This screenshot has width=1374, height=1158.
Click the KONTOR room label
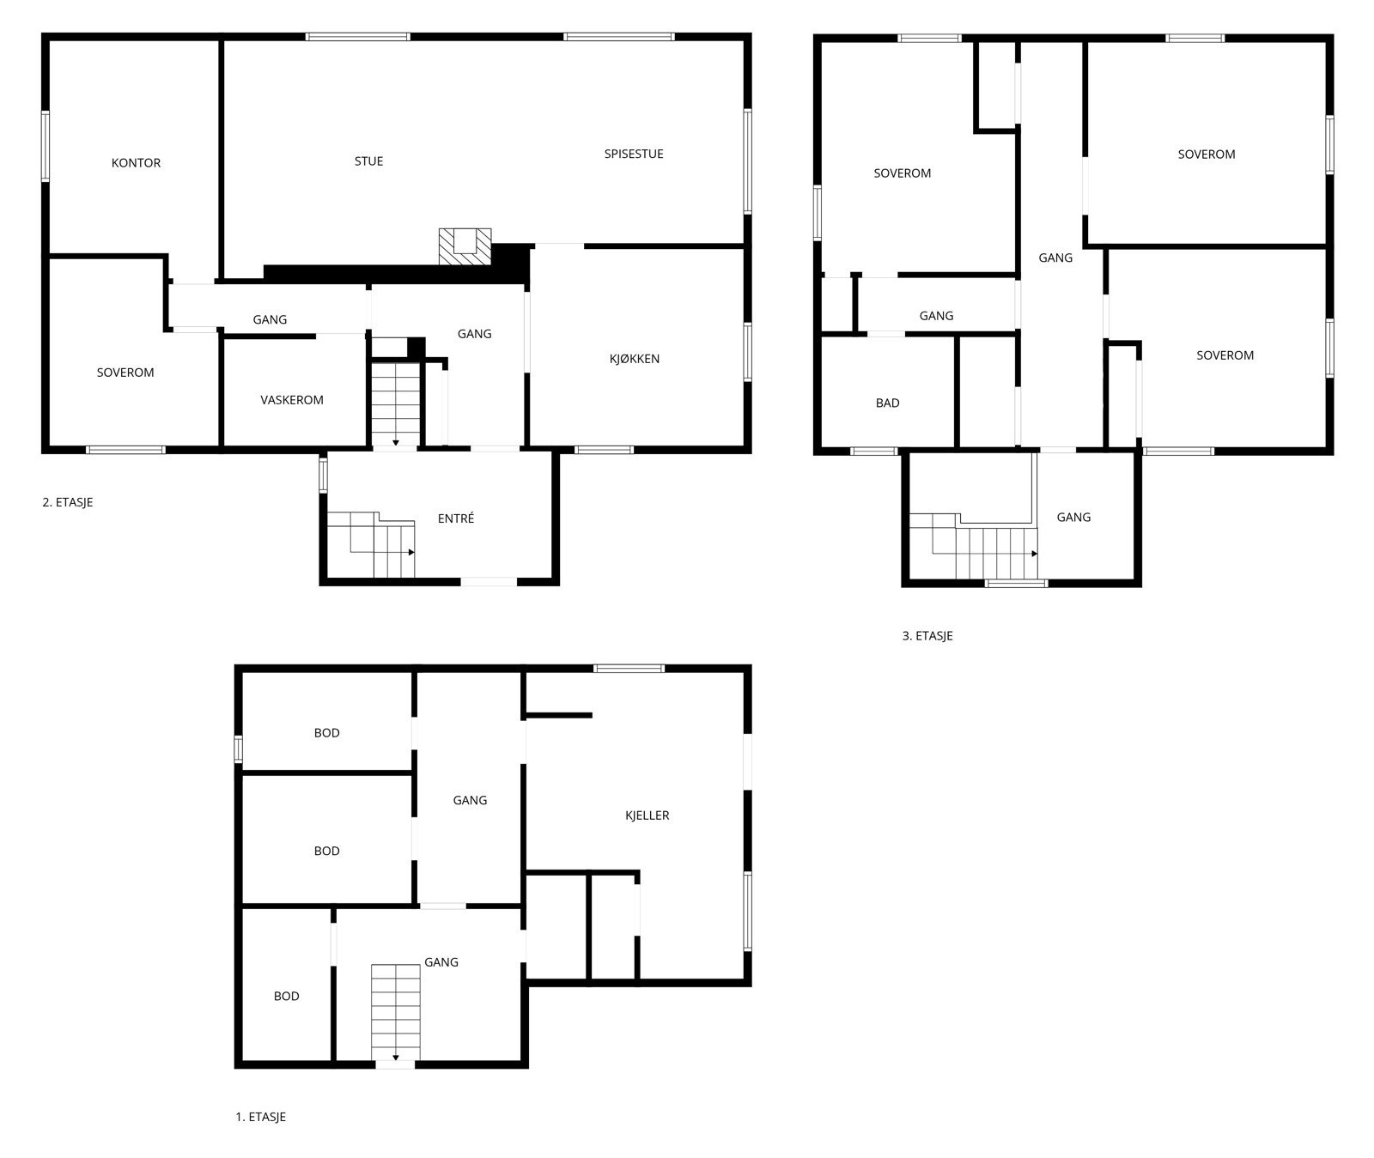point(136,163)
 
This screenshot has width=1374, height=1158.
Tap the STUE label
point(369,161)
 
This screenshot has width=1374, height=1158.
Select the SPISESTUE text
point(634,155)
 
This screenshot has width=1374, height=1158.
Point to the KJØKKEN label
point(635,359)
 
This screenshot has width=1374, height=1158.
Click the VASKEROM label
point(292,400)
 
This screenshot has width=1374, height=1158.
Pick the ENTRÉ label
point(456,518)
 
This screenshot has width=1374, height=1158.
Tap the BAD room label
point(887,403)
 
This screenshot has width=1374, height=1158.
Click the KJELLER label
point(647,815)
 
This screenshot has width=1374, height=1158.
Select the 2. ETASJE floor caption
point(68,502)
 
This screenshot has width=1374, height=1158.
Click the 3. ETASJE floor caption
point(927,636)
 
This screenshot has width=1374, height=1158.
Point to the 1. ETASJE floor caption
point(261,1117)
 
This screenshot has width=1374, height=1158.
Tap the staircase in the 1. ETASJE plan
point(396,1013)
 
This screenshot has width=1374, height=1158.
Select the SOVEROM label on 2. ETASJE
point(125,373)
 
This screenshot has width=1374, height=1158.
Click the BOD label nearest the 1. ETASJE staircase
point(287,997)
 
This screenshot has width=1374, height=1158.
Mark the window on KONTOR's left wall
point(46,146)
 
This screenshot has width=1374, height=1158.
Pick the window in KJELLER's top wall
point(629,668)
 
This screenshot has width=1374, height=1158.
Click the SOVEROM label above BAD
point(903,173)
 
